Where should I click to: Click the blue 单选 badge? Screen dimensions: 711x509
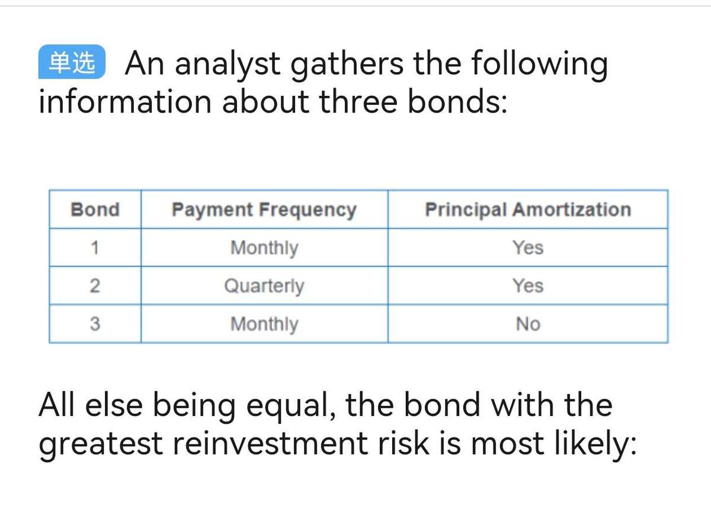[72, 62]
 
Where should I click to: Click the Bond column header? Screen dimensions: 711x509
[95, 210]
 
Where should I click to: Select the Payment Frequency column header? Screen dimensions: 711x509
[264, 210]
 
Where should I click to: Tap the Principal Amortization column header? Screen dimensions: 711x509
[528, 210]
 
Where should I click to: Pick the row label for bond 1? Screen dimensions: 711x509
[95, 247]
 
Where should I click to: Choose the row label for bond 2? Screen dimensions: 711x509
[95, 286]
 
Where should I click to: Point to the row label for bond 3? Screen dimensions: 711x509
[95, 324]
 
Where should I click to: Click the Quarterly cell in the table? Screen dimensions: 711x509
[264, 286]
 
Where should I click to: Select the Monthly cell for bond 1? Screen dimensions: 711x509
[264, 249]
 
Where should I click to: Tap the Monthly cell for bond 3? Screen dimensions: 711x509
[264, 325]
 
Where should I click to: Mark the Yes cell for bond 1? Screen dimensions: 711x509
[528, 247]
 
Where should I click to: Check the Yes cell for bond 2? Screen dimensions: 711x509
[528, 286]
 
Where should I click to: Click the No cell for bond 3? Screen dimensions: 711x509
[528, 324]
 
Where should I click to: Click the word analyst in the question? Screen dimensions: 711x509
[228, 65]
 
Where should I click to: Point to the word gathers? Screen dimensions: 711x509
[347, 65]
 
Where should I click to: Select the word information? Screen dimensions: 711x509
[125, 102]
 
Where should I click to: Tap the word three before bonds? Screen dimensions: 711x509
[358, 102]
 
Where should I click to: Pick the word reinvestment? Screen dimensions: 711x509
[270, 443]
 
